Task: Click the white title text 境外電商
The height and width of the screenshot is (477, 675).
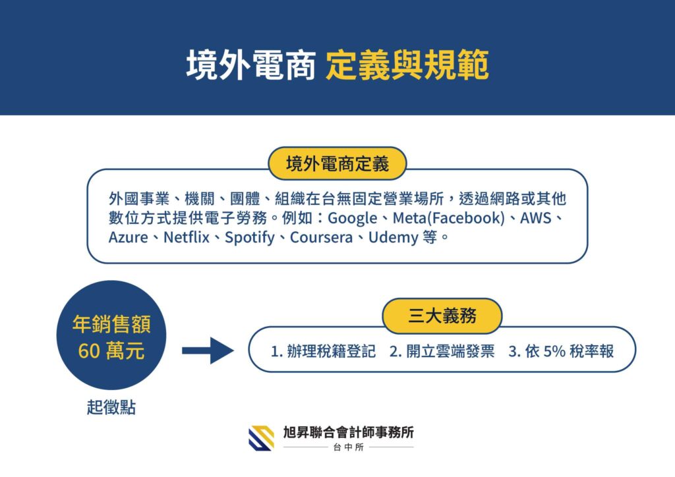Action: point(251,65)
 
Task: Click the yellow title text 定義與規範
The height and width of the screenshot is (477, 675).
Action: point(407,65)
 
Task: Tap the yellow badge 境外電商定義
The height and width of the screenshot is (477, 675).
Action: point(337,163)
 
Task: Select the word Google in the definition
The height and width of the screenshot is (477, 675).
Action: point(353,218)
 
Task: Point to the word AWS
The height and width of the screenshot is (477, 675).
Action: point(535,218)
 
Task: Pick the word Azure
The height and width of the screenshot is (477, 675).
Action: point(128,237)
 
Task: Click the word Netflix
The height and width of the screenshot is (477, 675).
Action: point(187,237)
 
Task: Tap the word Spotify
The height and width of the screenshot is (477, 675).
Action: point(250,237)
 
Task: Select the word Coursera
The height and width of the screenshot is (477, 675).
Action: point(321,237)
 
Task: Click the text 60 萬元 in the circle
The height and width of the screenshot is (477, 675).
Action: point(111,351)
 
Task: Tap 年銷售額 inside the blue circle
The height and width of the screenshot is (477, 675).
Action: point(111,324)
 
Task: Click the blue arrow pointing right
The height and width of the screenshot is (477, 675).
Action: point(208,351)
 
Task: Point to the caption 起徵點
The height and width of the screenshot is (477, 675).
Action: point(111,407)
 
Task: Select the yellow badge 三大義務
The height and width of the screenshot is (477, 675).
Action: point(442,316)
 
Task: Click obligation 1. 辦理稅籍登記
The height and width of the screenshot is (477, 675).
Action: point(323,351)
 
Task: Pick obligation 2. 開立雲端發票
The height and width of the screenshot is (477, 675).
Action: point(442,351)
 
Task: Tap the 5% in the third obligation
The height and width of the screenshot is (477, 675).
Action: point(554,351)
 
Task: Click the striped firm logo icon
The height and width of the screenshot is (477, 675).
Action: point(261,438)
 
